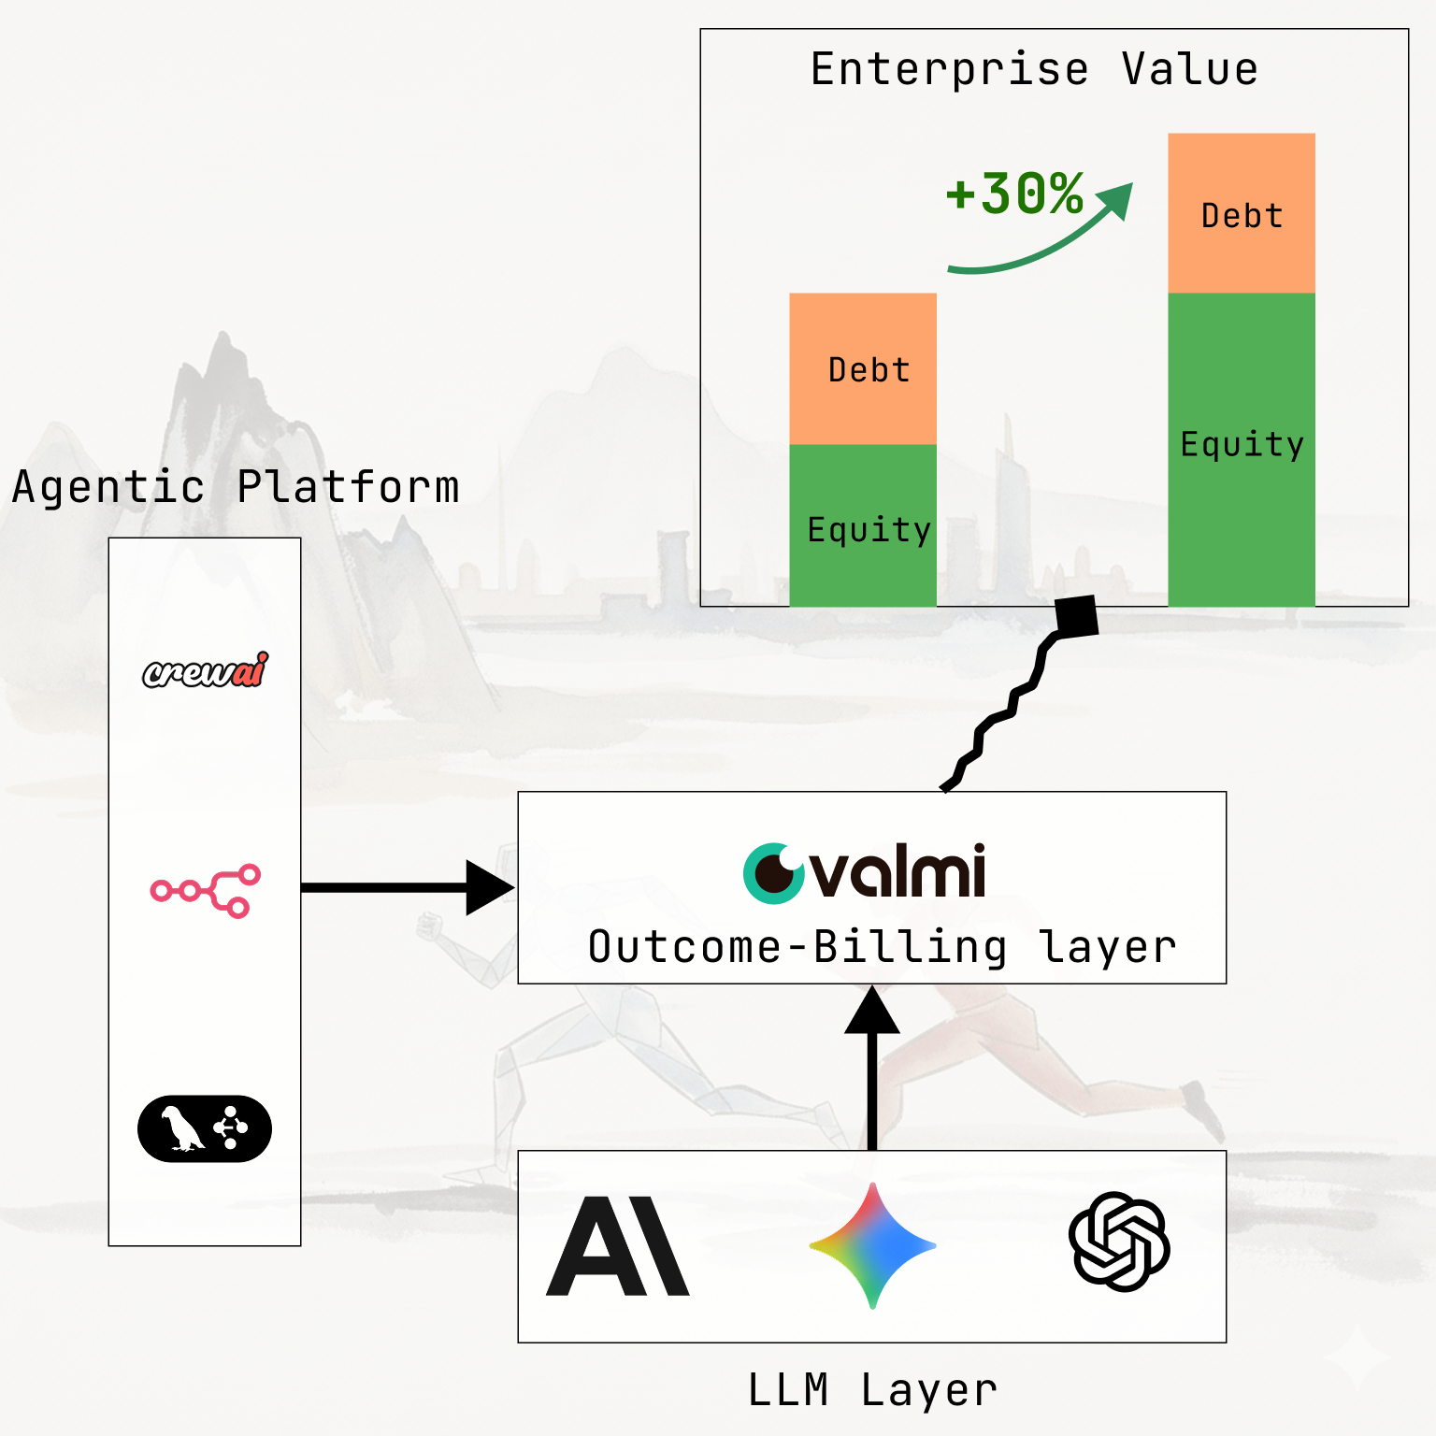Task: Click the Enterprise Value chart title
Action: (1034, 69)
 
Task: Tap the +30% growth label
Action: (1014, 194)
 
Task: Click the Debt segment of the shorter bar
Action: (863, 368)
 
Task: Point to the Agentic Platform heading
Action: (236, 487)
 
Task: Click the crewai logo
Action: (205, 670)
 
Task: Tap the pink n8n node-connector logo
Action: (206, 890)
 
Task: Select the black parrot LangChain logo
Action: (205, 1128)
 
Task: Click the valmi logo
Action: (865, 872)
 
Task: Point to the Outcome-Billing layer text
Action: (882, 947)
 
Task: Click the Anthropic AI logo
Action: (618, 1246)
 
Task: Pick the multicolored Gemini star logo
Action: (872, 1245)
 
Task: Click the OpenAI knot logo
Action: (1119, 1242)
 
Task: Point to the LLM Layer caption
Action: (872, 1389)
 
